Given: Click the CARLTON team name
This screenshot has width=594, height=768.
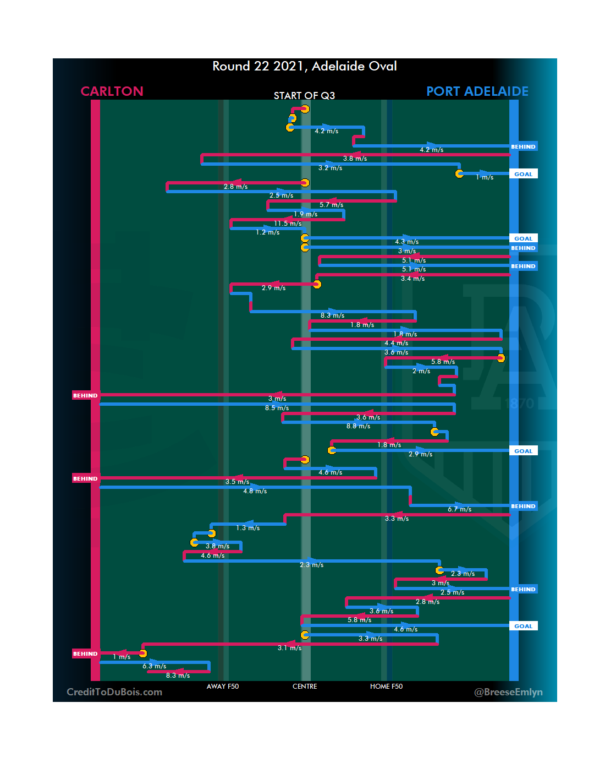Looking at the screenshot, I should pos(112,91).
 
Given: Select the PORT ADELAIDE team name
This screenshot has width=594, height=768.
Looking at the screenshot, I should pos(477,91).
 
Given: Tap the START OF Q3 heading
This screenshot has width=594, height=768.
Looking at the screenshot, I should pos(304,96).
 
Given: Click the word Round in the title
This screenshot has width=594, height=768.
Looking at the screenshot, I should pos(231,67).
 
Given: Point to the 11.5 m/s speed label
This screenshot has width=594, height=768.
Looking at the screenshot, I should pos(288,224).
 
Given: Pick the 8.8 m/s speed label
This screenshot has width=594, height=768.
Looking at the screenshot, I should pos(358,426).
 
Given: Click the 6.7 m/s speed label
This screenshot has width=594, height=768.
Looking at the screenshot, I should pos(459,509).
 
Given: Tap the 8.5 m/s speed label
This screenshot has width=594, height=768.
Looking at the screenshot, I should pos(277,408).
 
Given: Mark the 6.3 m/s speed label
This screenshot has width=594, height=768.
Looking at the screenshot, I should pos(154,666).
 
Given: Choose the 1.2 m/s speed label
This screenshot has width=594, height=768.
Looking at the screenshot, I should pos(267,232).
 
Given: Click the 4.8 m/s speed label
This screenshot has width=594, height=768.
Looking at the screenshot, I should pos(255,491).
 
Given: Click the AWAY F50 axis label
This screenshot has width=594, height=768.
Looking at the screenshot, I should pos(223,687).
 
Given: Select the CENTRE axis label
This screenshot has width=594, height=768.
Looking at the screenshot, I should pos(305,687).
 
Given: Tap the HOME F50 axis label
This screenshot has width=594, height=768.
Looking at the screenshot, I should pos(386,687).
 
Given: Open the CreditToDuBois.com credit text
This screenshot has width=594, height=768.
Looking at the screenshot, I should pos(114,692).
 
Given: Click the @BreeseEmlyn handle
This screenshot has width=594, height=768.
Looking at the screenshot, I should pos(508,692).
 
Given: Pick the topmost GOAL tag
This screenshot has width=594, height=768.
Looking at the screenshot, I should pos(523,174).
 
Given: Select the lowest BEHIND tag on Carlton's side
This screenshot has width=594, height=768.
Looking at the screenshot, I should pos(85,653).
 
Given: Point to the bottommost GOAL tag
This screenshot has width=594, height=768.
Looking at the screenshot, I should pos(523,626).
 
